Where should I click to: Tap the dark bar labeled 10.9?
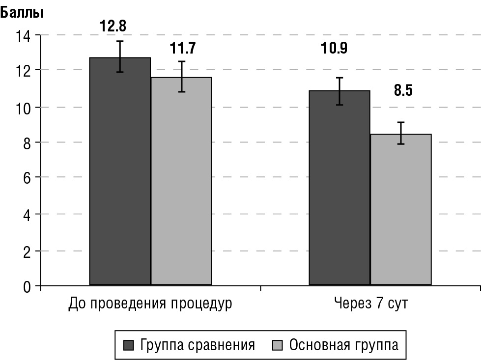[x=339, y=187]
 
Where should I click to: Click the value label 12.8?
[x=113, y=26]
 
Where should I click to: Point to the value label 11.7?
[x=183, y=48]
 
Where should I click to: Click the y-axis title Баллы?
[x=22, y=13]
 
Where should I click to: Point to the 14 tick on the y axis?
[x=24, y=35]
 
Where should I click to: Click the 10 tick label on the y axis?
[x=24, y=107]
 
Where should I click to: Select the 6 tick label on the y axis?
[x=27, y=178]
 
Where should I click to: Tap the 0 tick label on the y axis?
[x=27, y=286]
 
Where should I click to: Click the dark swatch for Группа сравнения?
[x=129, y=345]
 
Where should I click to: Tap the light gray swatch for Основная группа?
[x=277, y=345]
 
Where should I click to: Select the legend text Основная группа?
[x=344, y=345]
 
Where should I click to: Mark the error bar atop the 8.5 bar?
[x=401, y=133]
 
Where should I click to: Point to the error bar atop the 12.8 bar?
[x=120, y=56]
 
